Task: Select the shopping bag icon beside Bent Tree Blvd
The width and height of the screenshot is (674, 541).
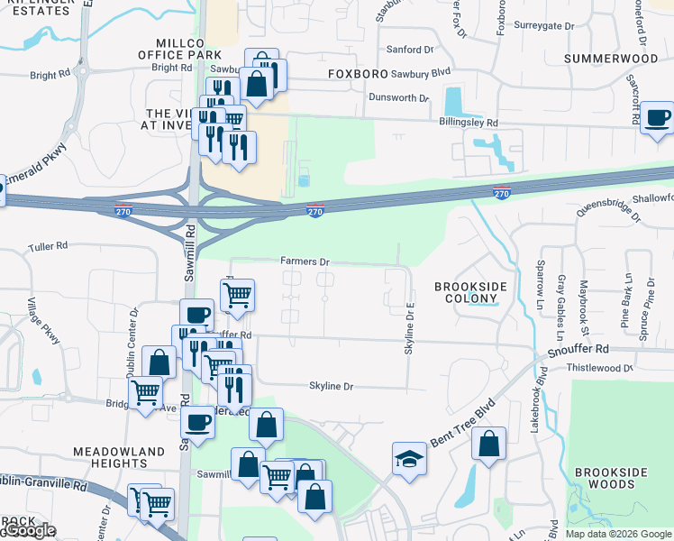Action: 488,443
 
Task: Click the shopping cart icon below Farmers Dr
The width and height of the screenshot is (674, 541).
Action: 237,294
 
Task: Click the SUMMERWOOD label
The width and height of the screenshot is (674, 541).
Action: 610,59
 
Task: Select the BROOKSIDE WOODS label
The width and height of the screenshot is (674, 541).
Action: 611,479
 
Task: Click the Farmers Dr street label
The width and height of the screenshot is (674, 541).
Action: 305,261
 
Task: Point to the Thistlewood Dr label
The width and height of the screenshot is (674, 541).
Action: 601,368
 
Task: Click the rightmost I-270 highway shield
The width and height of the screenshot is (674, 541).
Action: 502,192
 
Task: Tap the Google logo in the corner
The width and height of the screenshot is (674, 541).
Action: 29,530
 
